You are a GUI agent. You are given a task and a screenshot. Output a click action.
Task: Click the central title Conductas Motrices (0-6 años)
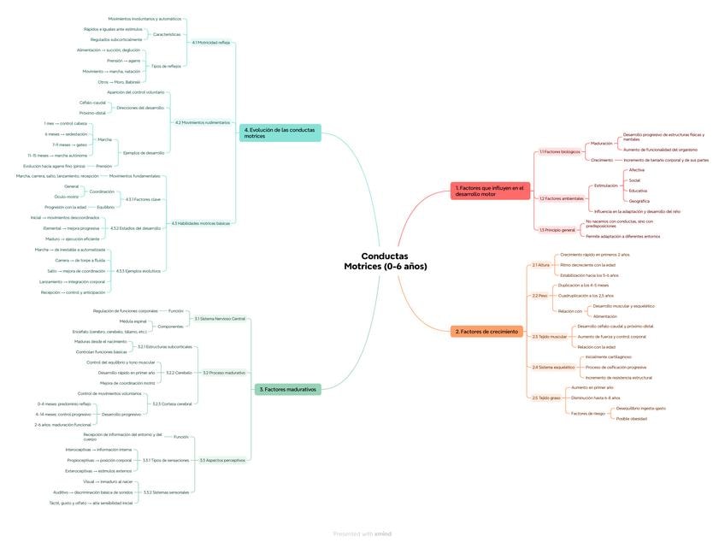pos(385,261)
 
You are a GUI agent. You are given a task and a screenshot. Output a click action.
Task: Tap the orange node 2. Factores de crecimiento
pos(486,331)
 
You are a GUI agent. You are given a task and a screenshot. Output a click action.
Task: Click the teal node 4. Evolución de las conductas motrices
pos(280,133)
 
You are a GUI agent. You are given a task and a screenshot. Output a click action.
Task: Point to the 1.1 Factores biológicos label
pos(560,151)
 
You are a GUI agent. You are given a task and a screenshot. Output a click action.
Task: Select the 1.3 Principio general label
pos(557,230)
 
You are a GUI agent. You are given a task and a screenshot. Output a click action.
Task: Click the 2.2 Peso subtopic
pos(539,296)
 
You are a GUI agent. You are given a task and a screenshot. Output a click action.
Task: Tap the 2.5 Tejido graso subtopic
pos(546,398)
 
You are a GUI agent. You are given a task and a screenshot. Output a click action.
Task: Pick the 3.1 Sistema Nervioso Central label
pos(220,319)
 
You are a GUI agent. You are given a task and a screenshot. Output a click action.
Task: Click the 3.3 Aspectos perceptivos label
pos(222,460)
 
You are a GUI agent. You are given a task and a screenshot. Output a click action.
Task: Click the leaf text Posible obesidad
pos(631,419)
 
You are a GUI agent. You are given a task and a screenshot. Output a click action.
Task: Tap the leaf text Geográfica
pos(639,201)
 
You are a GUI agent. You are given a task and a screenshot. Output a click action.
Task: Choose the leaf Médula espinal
pos(134,321)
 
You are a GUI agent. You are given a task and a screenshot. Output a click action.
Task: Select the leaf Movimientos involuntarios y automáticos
pos(144,18)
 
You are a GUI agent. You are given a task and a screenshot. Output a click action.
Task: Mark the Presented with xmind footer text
pos(362,533)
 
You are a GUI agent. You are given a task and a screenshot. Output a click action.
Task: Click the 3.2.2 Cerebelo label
pos(179,373)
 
